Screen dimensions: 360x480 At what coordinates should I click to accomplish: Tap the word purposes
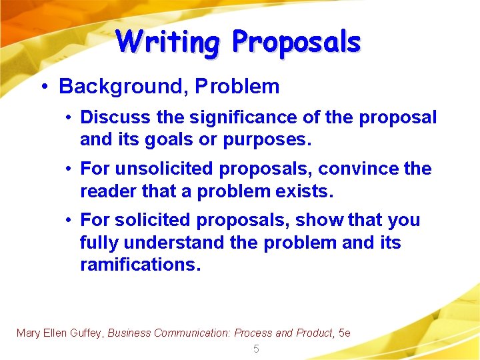265,140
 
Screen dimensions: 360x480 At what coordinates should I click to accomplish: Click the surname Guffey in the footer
85,333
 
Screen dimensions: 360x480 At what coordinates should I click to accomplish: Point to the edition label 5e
345,333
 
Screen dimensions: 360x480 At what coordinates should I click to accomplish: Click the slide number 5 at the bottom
256,349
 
